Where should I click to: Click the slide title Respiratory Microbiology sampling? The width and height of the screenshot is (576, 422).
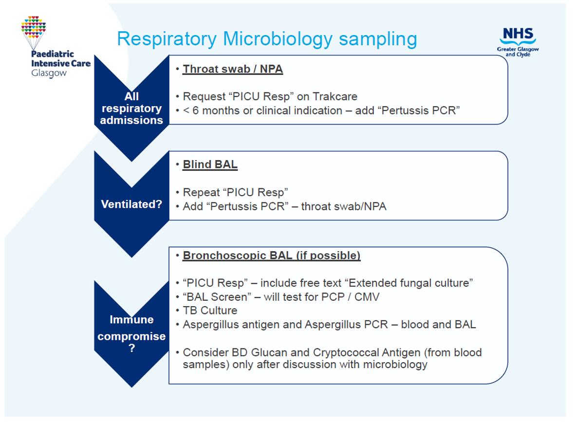[267, 39]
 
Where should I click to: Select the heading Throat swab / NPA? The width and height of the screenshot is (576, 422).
[232, 69]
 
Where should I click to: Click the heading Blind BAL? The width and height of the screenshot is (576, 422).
[210, 165]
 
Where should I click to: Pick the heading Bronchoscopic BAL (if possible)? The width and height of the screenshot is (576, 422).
[271, 256]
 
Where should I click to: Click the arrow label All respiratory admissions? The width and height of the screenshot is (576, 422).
[131, 108]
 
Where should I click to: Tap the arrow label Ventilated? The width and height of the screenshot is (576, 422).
[131, 204]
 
